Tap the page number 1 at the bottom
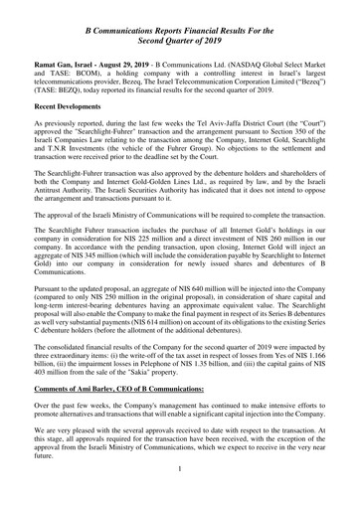point(179,495)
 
